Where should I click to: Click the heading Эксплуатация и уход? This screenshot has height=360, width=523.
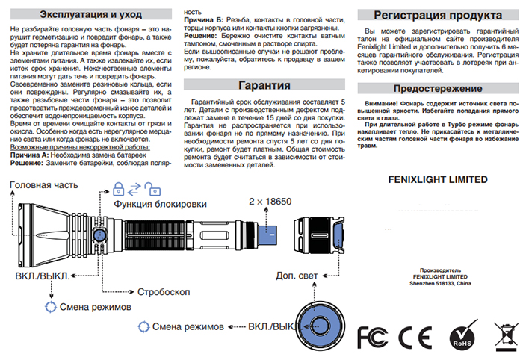point(90,15)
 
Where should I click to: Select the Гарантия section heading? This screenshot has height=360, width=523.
point(264,85)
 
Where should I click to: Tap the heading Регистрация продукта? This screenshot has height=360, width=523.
point(438,16)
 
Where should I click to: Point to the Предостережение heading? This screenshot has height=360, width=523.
point(438,89)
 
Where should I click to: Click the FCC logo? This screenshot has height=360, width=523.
point(373,337)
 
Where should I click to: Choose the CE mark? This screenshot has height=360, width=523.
point(415,338)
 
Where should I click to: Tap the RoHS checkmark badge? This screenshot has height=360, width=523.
point(463,335)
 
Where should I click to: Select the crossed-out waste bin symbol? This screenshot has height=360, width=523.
point(507,337)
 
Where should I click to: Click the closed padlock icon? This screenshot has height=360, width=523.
point(118,189)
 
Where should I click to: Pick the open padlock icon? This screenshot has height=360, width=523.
point(152,189)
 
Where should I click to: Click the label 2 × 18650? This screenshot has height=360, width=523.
point(270,202)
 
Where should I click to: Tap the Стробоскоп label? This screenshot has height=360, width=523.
point(164,292)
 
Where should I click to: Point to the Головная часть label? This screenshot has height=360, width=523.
point(44,185)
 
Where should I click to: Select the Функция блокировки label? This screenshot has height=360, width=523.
point(160,204)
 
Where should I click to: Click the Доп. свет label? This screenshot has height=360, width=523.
point(297,276)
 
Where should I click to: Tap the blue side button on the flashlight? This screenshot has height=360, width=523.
point(99,235)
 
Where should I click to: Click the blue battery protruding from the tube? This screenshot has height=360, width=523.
point(267,235)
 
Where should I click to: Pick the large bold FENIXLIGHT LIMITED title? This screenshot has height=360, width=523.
point(438,180)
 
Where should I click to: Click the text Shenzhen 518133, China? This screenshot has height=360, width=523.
point(440,284)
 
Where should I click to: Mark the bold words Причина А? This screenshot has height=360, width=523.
point(29,155)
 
